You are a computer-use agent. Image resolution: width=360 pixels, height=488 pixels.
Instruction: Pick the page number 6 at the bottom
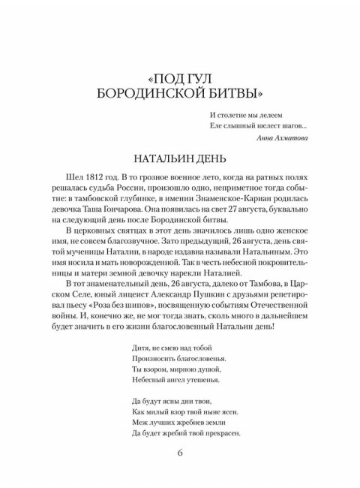(179, 452)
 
